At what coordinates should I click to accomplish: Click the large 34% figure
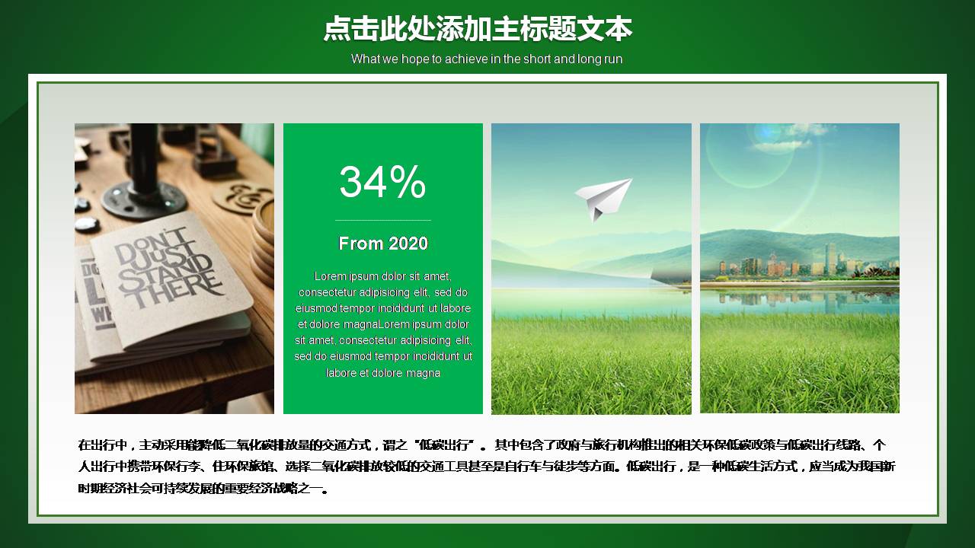382,183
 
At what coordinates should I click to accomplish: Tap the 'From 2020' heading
383,244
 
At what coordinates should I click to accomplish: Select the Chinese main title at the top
478,29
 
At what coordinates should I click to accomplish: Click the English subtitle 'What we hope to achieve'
487,59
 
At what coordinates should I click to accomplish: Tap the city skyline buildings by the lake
792,263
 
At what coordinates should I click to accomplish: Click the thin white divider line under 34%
383,220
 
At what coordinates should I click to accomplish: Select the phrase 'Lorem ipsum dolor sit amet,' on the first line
383,276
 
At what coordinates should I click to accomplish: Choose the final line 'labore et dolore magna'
383,373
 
